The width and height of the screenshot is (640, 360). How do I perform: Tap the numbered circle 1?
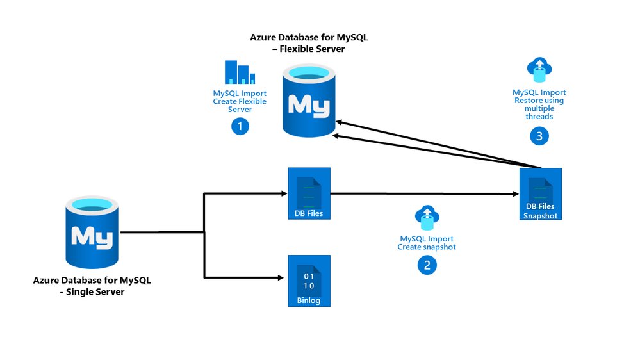240,126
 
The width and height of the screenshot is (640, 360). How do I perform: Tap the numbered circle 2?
427,264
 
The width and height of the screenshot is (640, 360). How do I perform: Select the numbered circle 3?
539,135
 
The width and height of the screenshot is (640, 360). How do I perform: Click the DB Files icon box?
309,193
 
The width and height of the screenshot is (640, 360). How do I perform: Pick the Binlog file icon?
309,281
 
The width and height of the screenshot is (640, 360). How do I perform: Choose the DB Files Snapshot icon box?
540,194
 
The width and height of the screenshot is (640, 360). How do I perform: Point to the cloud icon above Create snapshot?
427,218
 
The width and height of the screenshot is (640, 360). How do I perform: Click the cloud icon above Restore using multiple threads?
539,69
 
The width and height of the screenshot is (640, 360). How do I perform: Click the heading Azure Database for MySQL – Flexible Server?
309,44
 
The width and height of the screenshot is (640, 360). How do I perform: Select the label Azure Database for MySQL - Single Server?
93,286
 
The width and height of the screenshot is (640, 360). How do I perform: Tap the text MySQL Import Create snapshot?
427,243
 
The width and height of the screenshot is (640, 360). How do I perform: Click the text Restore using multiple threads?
539,109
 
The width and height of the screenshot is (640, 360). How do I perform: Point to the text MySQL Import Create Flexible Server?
240,101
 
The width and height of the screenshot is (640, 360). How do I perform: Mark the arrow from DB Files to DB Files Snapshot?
423,193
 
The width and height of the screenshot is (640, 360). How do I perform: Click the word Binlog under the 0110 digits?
309,300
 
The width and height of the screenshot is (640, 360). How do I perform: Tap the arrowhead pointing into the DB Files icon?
281,193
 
